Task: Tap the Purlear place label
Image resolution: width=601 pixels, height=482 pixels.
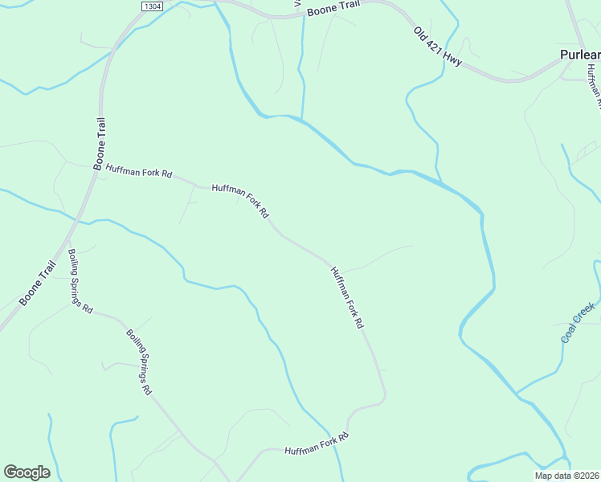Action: pos(579,55)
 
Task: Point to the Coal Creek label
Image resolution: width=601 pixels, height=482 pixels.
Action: pos(578,322)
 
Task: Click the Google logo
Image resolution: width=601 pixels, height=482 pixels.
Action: pos(27,472)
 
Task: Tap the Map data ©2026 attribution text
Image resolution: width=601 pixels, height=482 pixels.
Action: pos(566,476)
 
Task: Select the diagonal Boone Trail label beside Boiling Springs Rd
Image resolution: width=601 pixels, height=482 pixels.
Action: pos(38,283)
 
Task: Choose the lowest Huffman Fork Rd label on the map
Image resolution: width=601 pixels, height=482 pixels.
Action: pos(317,444)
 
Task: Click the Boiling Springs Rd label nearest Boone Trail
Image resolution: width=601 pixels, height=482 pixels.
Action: pos(80,280)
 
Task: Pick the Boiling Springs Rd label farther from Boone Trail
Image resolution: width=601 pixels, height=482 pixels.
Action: pos(138,361)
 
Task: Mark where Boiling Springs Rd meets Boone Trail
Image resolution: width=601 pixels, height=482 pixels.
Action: pos(69,239)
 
